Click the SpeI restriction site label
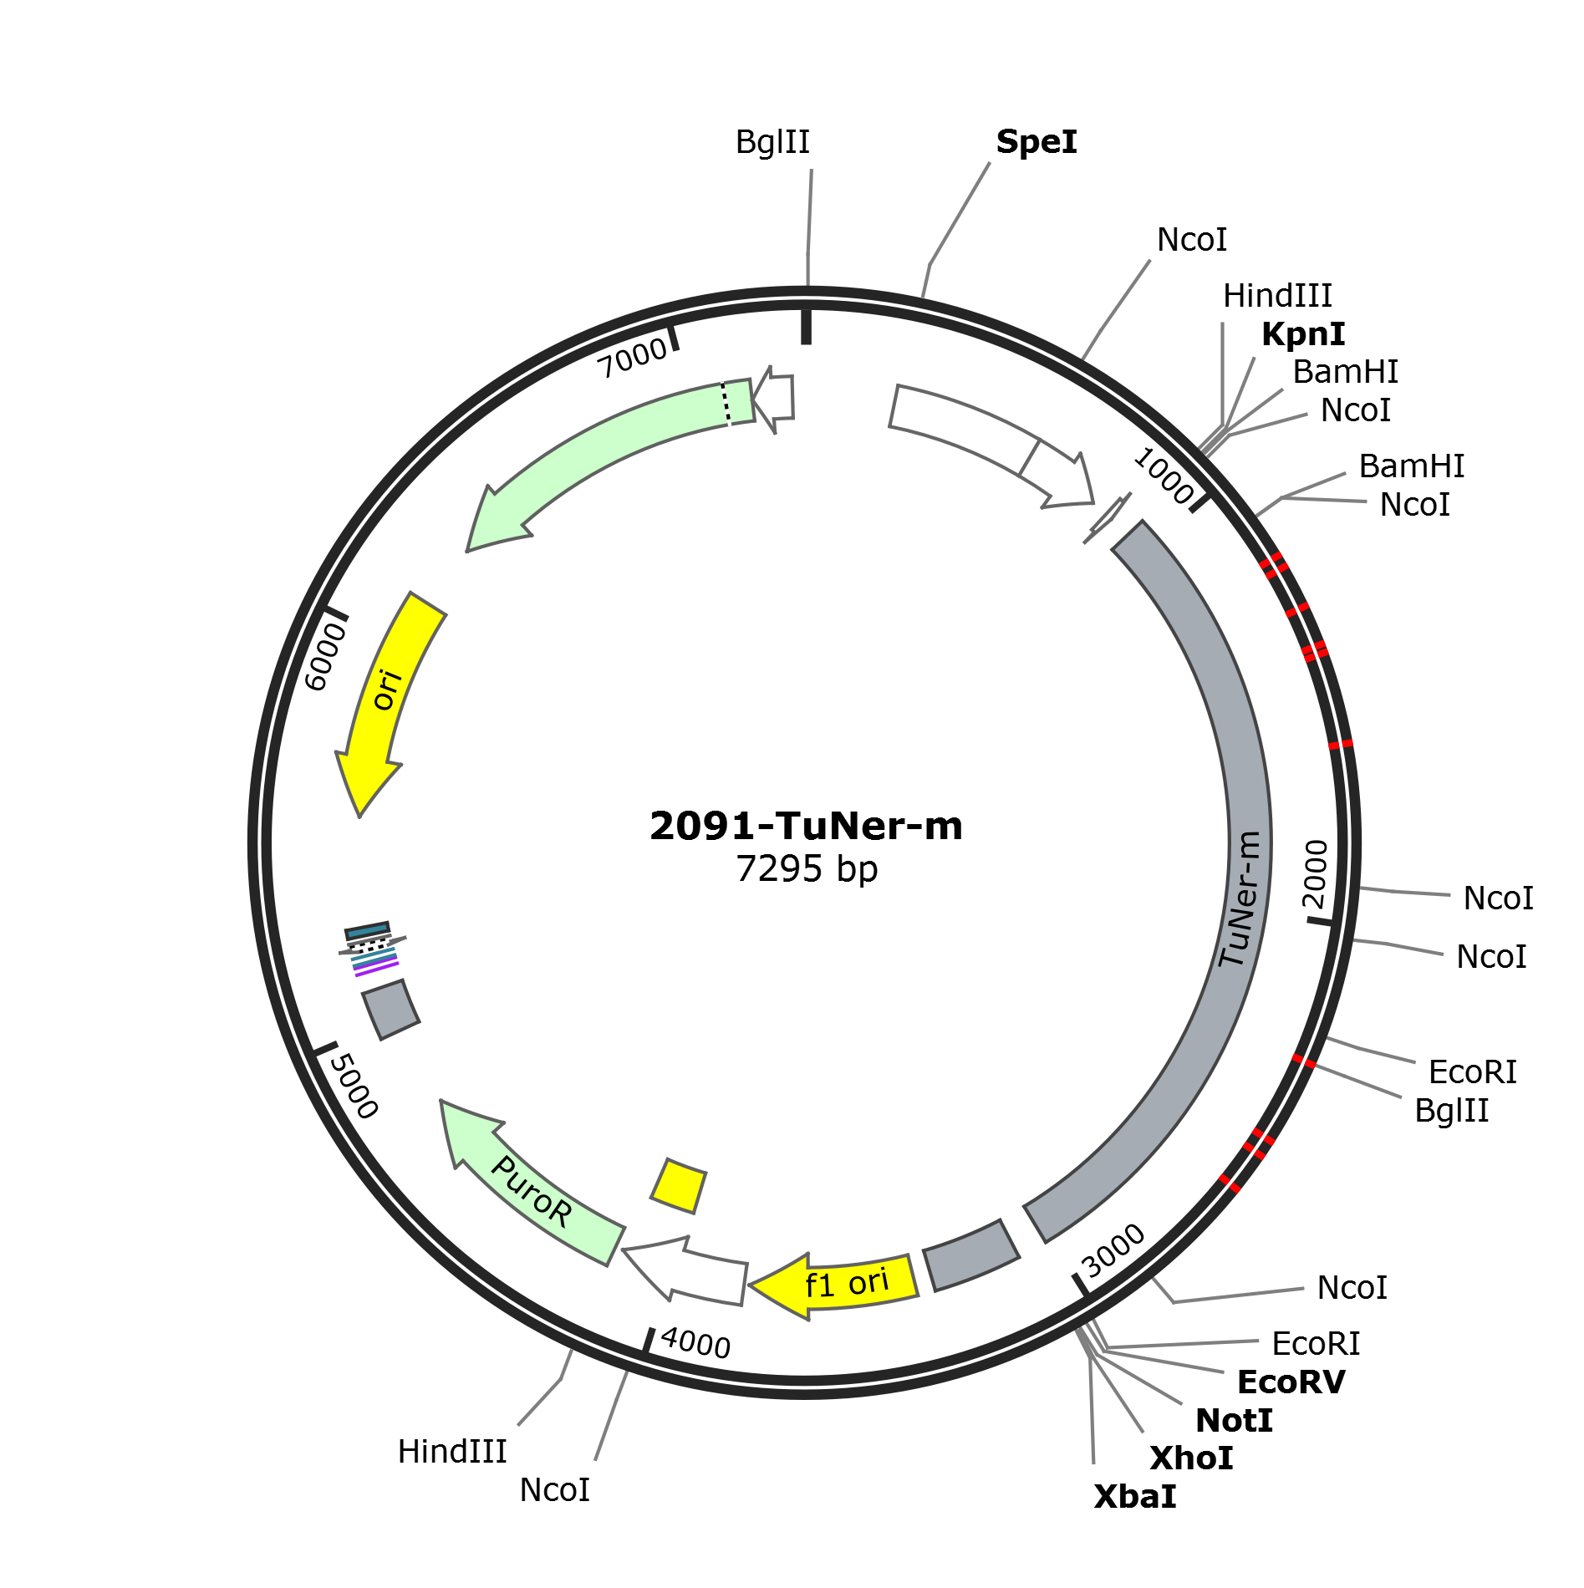(1036, 142)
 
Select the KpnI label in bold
(1303, 334)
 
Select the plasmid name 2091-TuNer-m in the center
(806, 826)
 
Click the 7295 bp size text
(807, 869)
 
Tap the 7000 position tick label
(633, 359)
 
